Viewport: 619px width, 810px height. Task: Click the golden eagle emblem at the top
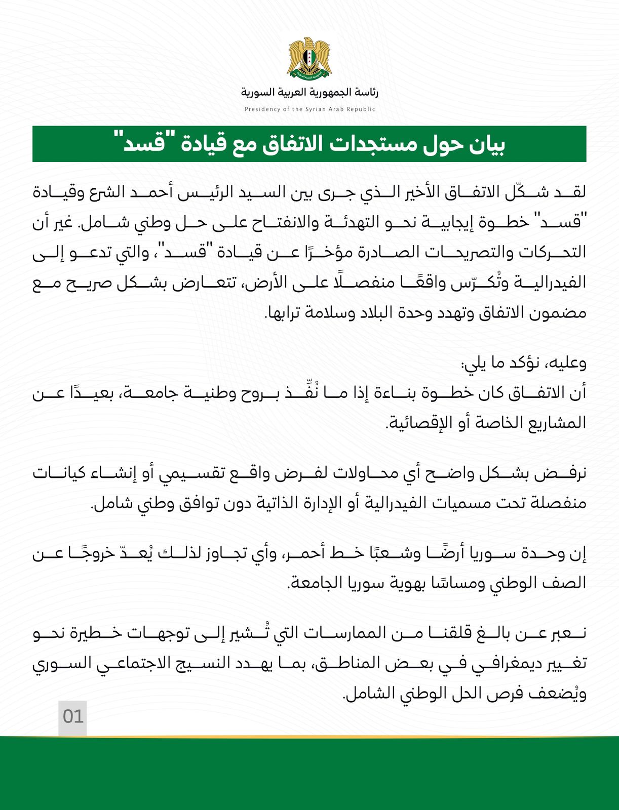[x=309, y=57]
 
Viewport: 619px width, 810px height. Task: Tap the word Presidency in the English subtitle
[x=262, y=109]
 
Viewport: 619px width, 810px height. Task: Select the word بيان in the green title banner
[x=486, y=145]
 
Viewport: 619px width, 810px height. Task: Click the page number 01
[x=72, y=717]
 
